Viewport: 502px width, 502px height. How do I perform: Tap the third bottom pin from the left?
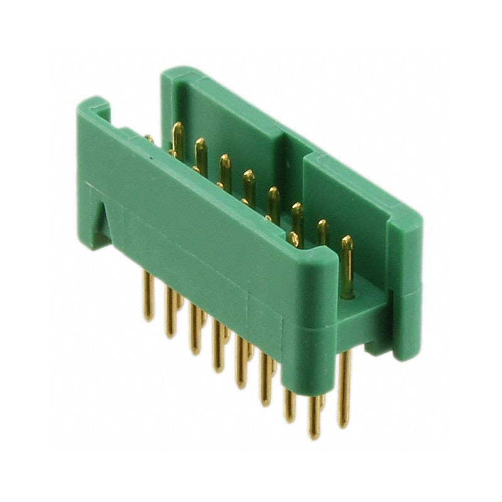pyautogui.click(x=195, y=329)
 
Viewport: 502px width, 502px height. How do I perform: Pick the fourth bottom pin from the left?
pyautogui.click(x=218, y=345)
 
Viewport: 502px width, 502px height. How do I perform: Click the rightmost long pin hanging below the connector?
pyautogui.click(x=344, y=389)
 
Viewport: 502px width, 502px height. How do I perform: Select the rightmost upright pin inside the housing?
pyautogui.click(x=347, y=264)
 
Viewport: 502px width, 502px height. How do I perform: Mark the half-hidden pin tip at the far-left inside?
pyautogui.click(x=149, y=138)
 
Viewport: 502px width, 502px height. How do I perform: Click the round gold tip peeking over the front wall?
pyautogui.click(x=293, y=238)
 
